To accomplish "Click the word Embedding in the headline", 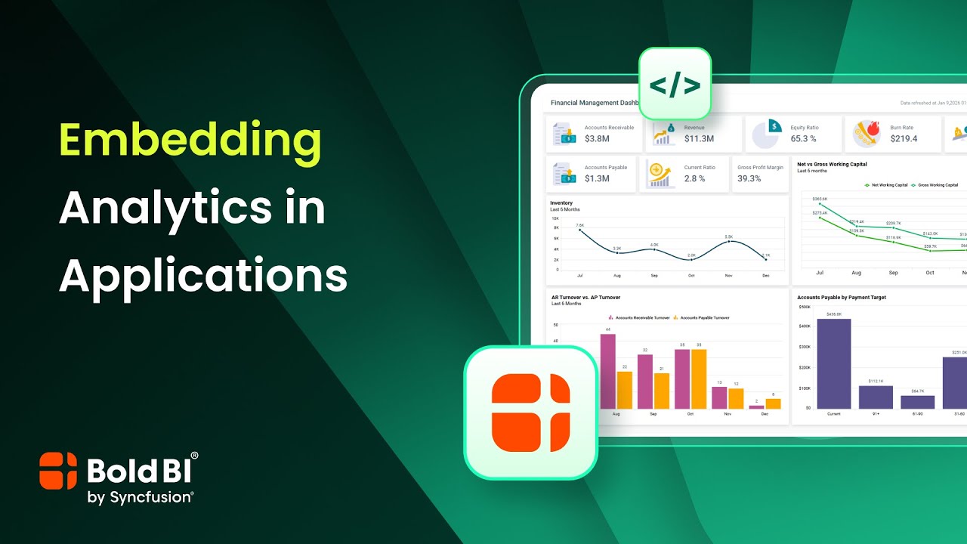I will pyautogui.click(x=190, y=141).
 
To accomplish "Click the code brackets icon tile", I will pyautogui.click(x=675, y=84).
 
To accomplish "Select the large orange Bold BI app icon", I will pyautogui.click(x=530, y=413).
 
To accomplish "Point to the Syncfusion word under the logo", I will pyautogui.click(x=150, y=496).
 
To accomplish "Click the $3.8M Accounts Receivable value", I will pyautogui.click(x=597, y=139).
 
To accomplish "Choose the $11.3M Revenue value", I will pyautogui.click(x=699, y=139).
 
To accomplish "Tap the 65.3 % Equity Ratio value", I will pyautogui.click(x=803, y=139).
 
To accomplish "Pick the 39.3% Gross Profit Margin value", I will pyautogui.click(x=749, y=179).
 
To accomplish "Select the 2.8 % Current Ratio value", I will pyautogui.click(x=694, y=179).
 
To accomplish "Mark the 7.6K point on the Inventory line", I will pyautogui.click(x=579, y=230).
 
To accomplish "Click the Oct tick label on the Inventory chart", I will pyautogui.click(x=691, y=277).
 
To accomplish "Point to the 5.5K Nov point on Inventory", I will pyautogui.click(x=728, y=242).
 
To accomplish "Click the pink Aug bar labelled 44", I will pyautogui.click(x=607, y=371).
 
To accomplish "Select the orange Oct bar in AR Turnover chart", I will pyautogui.click(x=699, y=379).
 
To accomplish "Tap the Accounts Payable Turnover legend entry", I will pyautogui.click(x=701, y=318).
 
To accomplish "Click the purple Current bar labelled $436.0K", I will pyautogui.click(x=834, y=363).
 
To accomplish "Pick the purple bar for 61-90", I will pyautogui.click(x=917, y=402).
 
